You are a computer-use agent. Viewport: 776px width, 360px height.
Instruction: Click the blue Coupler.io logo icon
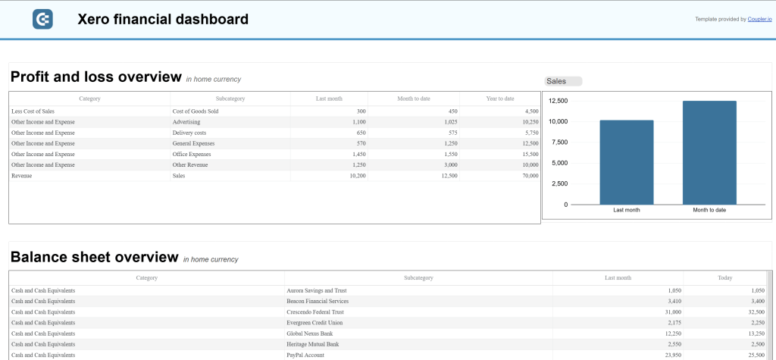pyautogui.click(x=42, y=20)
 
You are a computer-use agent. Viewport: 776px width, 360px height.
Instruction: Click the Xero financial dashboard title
pyautogui.click(x=163, y=20)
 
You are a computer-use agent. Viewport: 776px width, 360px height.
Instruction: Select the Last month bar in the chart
pyautogui.click(x=626, y=162)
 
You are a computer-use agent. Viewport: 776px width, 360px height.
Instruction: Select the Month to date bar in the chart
pyautogui.click(x=709, y=152)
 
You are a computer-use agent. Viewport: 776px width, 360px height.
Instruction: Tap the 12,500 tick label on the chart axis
pyautogui.click(x=558, y=101)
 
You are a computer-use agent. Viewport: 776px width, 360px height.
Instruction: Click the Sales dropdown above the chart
pyautogui.click(x=563, y=81)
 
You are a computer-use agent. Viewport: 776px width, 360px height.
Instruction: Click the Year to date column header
pyautogui.click(x=500, y=99)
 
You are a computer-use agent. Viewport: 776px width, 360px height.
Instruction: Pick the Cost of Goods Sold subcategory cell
pyautogui.click(x=196, y=111)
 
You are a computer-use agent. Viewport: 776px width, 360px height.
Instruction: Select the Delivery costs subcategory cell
pyautogui.click(x=189, y=133)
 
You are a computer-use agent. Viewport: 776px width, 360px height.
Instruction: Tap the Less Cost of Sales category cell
pyautogui.click(x=33, y=111)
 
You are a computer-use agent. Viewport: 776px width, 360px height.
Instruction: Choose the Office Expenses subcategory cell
pyautogui.click(x=192, y=154)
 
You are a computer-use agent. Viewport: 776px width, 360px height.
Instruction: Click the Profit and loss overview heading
pyautogui.click(x=95, y=77)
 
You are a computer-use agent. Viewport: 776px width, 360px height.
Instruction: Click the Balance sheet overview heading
pyautogui.click(x=94, y=258)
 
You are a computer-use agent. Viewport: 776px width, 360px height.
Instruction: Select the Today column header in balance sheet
pyautogui.click(x=725, y=278)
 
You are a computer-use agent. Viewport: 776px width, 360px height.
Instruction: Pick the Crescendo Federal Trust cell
pyautogui.click(x=315, y=312)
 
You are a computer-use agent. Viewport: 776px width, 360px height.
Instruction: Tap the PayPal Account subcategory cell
pyautogui.click(x=305, y=355)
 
